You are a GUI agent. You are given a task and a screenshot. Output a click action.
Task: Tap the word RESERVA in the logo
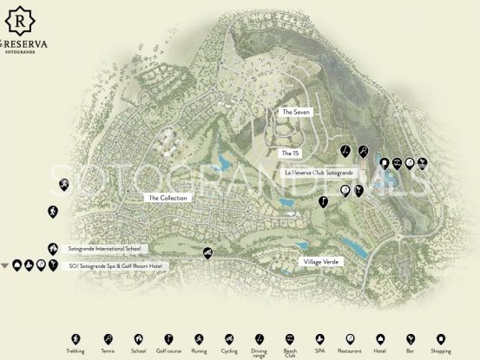click(x=27, y=42)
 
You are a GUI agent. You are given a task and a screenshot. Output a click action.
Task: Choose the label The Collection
click(x=168, y=198)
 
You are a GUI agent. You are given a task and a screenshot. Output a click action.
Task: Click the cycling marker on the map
click(x=207, y=253)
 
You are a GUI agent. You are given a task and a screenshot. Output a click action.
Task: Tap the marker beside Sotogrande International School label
click(x=53, y=248)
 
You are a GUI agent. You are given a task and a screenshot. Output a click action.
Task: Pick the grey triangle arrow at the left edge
click(x=6, y=265)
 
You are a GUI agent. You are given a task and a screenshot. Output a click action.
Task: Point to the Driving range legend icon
click(x=260, y=339)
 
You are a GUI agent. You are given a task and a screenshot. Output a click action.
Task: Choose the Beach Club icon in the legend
click(x=291, y=339)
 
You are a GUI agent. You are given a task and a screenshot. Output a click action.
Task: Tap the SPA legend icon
click(x=321, y=339)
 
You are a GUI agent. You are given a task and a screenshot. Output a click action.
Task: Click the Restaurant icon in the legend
click(x=352, y=339)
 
